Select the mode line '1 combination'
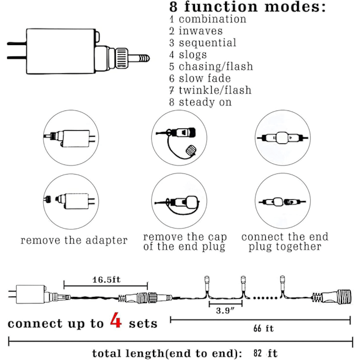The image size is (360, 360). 208,19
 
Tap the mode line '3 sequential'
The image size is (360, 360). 202,43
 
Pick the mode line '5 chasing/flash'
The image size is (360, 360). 211,67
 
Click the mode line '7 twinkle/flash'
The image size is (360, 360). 210,90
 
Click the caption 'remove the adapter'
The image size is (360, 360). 74,240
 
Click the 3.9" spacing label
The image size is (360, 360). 226,311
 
